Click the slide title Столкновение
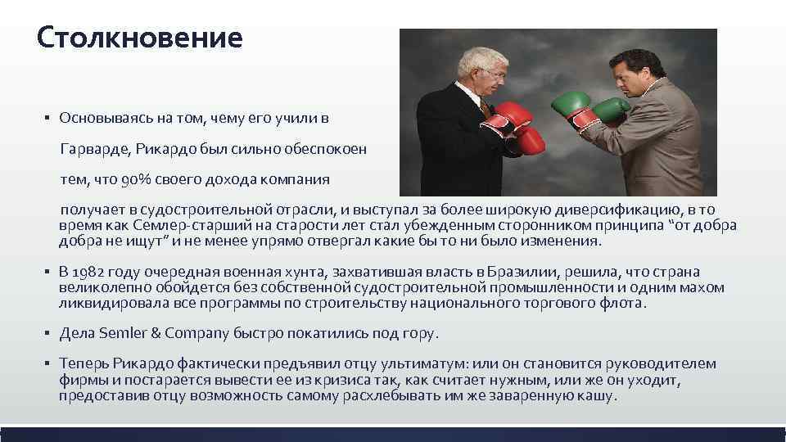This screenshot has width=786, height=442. [x=140, y=38]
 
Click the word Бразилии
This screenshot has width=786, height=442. [x=520, y=273]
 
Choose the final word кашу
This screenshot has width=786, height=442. [x=596, y=395]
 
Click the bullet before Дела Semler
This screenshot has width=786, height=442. [x=49, y=334]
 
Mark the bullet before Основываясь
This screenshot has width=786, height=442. [x=49, y=118]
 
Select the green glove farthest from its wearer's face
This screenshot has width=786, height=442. [x=571, y=104]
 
